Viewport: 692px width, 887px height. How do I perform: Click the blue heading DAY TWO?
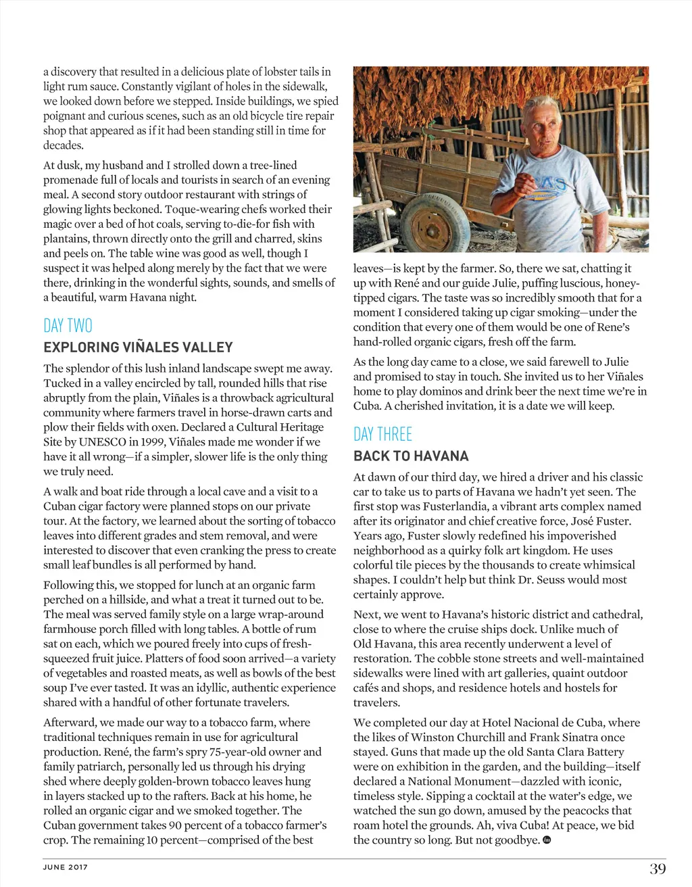tap(68, 326)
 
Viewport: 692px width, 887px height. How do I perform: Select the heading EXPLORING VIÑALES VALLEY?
tap(138, 347)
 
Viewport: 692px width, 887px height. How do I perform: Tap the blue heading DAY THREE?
tap(382, 434)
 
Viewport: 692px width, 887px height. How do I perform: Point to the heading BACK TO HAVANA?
tap(411, 456)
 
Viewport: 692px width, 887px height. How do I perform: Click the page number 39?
tap(658, 869)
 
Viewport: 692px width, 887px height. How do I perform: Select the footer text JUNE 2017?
tap(66, 867)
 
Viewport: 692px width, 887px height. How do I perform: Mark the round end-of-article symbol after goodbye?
tap(547, 840)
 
